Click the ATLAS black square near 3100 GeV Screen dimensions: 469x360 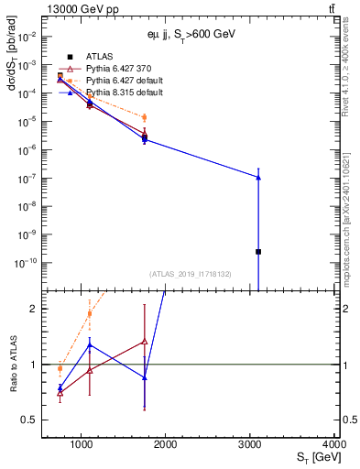click(258, 251)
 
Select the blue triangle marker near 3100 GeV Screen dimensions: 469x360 click(258, 177)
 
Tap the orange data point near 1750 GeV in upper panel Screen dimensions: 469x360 click(145, 117)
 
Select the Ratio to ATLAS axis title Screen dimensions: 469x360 click(13, 365)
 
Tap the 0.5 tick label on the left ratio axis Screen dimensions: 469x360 click(30, 420)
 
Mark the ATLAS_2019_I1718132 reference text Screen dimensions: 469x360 click(191, 273)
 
